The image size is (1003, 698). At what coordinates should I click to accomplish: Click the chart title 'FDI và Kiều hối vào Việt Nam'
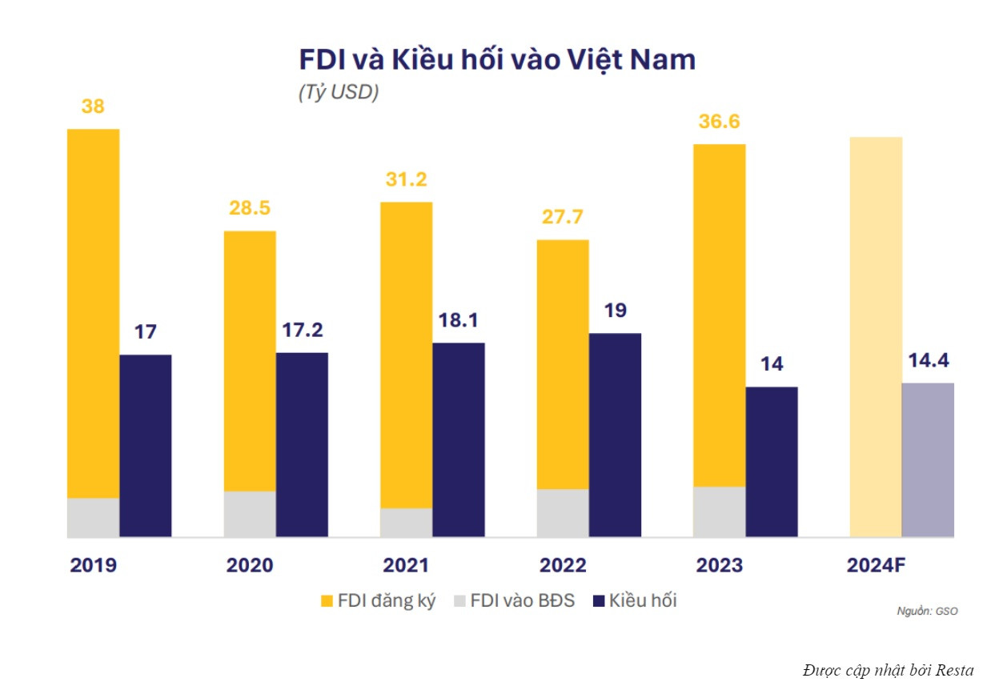click(x=496, y=60)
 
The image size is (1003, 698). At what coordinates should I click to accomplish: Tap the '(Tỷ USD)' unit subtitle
click(x=338, y=92)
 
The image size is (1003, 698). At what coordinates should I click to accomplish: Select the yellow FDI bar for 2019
click(x=93, y=312)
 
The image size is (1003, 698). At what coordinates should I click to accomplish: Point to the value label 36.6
click(x=719, y=122)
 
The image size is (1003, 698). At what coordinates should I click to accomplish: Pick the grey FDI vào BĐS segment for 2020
click(x=250, y=513)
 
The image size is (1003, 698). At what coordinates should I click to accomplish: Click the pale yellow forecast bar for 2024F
click(x=876, y=336)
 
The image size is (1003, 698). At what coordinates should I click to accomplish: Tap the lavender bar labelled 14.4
click(x=928, y=459)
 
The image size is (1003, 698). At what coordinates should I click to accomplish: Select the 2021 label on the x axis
click(x=406, y=565)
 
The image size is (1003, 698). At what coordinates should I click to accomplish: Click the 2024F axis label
click(x=876, y=565)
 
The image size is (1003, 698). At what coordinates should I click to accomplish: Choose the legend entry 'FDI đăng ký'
click(x=378, y=600)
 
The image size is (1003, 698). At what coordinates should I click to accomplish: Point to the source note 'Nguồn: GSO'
click(x=927, y=611)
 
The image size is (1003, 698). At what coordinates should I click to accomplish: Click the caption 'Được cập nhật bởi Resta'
click(x=889, y=670)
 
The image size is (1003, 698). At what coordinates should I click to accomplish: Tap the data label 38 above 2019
click(x=93, y=106)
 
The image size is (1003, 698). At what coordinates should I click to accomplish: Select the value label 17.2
click(x=302, y=330)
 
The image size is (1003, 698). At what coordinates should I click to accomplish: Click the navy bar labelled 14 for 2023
click(x=772, y=462)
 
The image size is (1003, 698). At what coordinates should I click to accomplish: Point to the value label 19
click(x=615, y=311)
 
